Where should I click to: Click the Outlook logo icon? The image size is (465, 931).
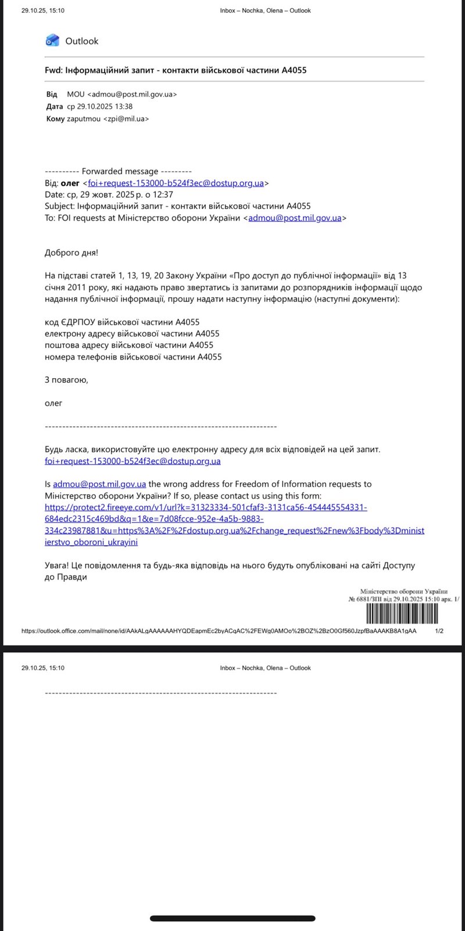(52, 40)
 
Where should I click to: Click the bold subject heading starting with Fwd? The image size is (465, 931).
(176, 70)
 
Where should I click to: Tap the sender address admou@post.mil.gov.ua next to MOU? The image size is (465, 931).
(131, 94)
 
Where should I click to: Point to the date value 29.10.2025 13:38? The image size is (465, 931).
(100, 106)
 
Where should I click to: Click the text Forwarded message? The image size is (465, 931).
(120, 171)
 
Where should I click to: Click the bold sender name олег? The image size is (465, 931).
(70, 183)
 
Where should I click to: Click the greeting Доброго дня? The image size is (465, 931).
(71, 253)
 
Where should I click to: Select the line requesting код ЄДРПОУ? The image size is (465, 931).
(122, 322)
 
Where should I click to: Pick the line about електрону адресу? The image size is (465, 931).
(132, 333)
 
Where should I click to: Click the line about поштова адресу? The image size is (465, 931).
(129, 345)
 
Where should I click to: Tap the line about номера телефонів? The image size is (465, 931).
(133, 357)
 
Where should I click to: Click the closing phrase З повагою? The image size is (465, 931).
(66, 380)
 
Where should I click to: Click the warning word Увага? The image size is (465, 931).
(56, 565)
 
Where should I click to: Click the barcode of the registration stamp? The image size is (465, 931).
(402, 613)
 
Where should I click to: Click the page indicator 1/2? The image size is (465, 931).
(439, 631)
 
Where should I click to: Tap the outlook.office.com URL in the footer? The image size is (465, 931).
(219, 631)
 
